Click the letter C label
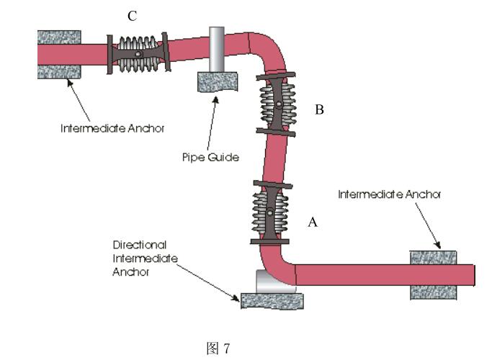click(x=133, y=17)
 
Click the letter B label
click(x=319, y=110)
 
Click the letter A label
click(x=313, y=222)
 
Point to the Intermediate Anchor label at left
click(x=112, y=130)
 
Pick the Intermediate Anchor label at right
click(x=389, y=194)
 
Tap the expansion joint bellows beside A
click(x=269, y=212)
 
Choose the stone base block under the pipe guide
click(x=217, y=81)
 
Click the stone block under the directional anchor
click(x=272, y=300)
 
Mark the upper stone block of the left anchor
click(x=58, y=37)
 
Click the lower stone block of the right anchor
click(x=433, y=292)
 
